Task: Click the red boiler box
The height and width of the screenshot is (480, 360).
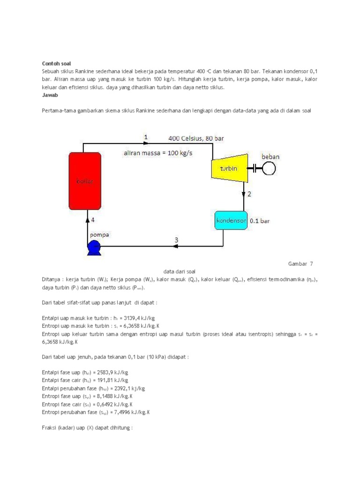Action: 85,180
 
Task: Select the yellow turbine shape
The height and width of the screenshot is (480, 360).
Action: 227,168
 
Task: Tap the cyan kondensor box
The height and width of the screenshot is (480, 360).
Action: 231,220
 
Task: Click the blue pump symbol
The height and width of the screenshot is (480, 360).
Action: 94,246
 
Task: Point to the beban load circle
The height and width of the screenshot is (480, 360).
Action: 268,168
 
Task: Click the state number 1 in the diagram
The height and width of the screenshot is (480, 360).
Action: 146,136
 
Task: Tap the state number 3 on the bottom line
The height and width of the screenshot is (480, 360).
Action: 176,240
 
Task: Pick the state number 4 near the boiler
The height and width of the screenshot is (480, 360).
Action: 93,219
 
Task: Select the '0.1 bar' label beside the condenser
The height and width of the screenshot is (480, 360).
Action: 260,220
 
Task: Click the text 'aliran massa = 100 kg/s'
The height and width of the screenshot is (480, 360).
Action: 158,153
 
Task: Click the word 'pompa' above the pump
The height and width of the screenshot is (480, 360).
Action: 100,234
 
